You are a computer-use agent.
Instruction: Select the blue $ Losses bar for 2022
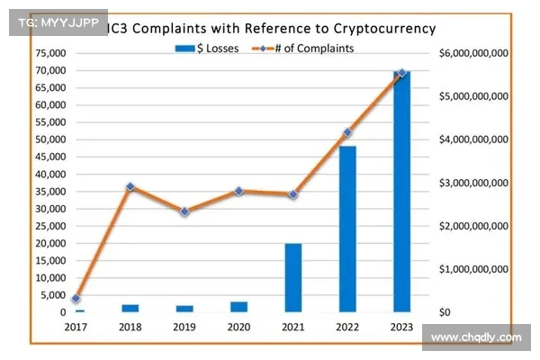tap(347, 229)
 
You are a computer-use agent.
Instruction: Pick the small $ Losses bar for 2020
tap(238, 307)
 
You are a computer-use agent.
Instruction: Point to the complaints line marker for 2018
tap(130, 187)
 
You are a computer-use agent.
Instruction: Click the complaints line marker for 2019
tap(184, 211)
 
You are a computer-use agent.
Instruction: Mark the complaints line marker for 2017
tap(76, 299)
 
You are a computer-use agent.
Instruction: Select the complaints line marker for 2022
tap(347, 133)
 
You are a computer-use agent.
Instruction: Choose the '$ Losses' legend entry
tap(208, 49)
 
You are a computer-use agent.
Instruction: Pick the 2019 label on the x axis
tap(184, 328)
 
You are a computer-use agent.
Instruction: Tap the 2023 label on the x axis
tap(402, 328)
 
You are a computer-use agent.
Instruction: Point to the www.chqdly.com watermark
tap(476, 338)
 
